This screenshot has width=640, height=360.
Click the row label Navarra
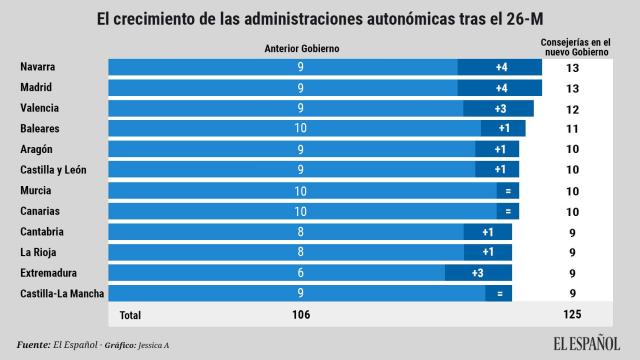[37, 67]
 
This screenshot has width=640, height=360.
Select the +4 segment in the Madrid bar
[501, 88]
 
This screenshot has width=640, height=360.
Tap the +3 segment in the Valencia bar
[497, 108]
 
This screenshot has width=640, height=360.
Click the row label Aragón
[37, 149]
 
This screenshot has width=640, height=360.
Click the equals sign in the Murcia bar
[509, 191]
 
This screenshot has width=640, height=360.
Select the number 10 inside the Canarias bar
[301, 211]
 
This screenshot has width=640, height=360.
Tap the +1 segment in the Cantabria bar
[488, 232]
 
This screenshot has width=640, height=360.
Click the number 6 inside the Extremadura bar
[301, 273]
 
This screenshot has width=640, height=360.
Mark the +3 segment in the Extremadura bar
[478, 273]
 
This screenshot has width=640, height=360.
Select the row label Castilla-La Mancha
[62, 293]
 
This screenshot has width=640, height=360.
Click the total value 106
[301, 315]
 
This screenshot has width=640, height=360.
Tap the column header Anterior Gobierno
[301, 48]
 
